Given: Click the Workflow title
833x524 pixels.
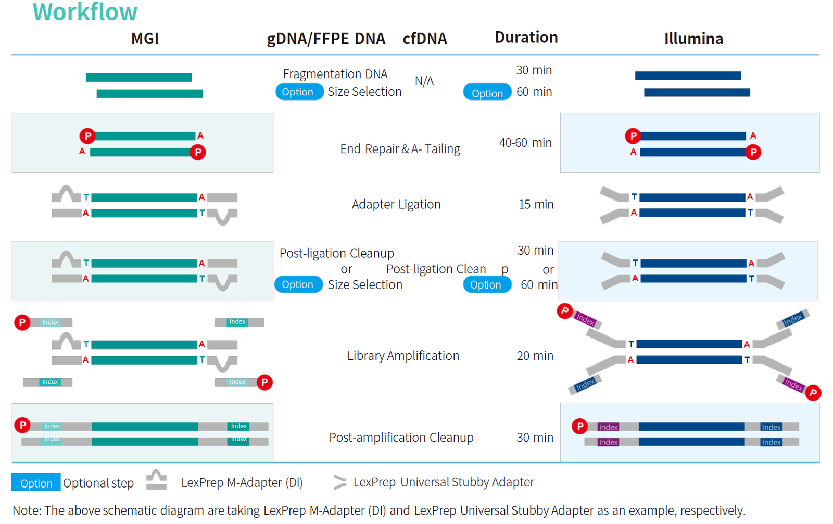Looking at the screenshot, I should pyautogui.click(x=85, y=12).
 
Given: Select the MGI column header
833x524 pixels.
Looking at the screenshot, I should pyautogui.click(x=145, y=39).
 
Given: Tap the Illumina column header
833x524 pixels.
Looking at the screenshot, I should pyautogui.click(x=693, y=39).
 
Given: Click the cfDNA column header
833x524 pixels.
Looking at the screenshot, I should pyautogui.click(x=425, y=39).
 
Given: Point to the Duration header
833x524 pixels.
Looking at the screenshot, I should pyautogui.click(x=526, y=38).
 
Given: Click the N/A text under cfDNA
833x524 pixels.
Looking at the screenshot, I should pyautogui.click(x=424, y=81).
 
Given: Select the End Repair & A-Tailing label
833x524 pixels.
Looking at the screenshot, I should pyautogui.click(x=400, y=149).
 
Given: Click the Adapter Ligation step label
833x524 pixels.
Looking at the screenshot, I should pyautogui.click(x=396, y=204).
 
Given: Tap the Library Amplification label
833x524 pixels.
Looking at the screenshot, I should pyautogui.click(x=403, y=356).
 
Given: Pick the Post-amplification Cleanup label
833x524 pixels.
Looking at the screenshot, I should pyautogui.click(x=401, y=438).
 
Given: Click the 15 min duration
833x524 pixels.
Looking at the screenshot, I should pyautogui.click(x=536, y=204).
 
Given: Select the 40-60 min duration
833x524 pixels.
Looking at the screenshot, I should pyautogui.click(x=525, y=143).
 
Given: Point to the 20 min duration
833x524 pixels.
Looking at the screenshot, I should pyautogui.click(x=535, y=356).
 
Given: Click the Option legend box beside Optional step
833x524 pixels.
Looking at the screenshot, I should pyautogui.click(x=36, y=483).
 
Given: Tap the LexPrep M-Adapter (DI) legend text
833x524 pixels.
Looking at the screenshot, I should pyautogui.click(x=242, y=482).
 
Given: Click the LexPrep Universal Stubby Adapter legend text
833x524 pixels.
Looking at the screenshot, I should pyautogui.click(x=444, y=482).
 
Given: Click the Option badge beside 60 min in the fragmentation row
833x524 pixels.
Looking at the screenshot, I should pyautogui.click(x=487, y=93).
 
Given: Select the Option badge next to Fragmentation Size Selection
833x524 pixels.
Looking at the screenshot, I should pyautogui.click(x=298, y=92).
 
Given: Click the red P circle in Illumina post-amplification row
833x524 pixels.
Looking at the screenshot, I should pyautogui.click(x=579, y=426).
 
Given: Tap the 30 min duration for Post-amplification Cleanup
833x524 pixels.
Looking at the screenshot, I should pyautogui.click(x=535, y=438).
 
